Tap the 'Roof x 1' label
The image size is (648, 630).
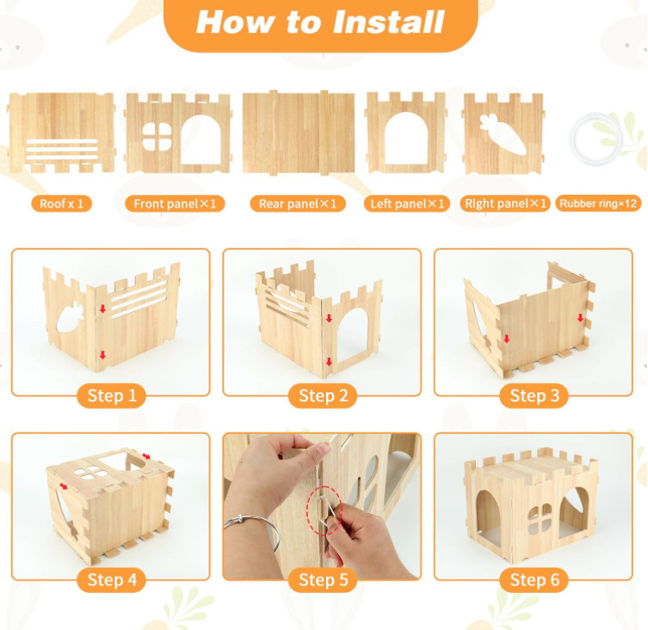61,203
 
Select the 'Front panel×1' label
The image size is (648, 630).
175,203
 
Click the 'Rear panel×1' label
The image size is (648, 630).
298,203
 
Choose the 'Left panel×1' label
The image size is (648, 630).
407,203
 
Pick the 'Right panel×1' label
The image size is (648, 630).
505,203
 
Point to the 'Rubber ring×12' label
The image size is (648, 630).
598,203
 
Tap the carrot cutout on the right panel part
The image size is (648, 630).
503,134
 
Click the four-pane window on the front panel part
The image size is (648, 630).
157,136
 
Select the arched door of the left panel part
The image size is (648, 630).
406,139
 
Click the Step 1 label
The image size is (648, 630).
112,396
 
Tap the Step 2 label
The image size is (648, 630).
323,396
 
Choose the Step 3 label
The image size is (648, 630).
534,396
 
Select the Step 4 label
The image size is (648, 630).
112,580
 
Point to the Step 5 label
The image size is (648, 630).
323,580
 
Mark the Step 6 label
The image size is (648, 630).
534,580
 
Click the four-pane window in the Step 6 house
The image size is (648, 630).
540,519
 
